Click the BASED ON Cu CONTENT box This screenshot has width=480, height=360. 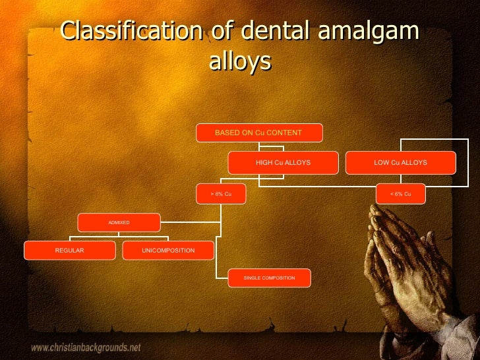click(x=259, y=133)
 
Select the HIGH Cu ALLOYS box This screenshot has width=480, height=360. click(x=283, y=162)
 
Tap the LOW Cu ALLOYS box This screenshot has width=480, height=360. click(x=400, y=162)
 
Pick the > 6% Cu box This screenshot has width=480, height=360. click(x=221, y=194)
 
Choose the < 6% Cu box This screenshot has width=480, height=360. click(x=400, y=194)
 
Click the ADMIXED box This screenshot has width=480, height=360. click(x=119, y=223)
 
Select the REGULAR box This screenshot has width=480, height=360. click(x=69, y=251)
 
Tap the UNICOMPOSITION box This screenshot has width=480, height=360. click(x=168, y=251)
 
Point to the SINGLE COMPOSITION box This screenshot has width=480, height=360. click(x=269, y=278)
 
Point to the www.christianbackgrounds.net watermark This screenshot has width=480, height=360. click(x=86, y=347)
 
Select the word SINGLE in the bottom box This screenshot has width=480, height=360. click(x=252, y=278)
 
